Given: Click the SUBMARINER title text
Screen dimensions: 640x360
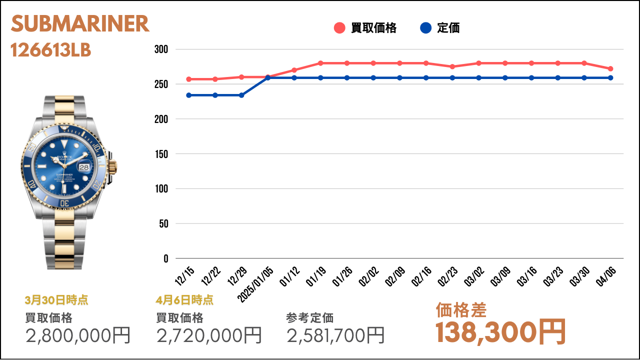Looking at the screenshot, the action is tap(80, 23).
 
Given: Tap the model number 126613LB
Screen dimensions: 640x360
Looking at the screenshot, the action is tap(50, 50).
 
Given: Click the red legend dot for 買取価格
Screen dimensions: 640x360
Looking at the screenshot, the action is tap(339, 28).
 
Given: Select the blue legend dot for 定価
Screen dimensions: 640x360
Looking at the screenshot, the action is tap(425, 28).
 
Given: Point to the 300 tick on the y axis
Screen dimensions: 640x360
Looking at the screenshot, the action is tap(161, 49).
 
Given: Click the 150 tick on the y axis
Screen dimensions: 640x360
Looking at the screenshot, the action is tap(161, 154).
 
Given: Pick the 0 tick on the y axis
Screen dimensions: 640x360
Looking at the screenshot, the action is tap(165, 258).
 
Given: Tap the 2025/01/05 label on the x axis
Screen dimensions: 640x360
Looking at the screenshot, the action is tap(255, 284).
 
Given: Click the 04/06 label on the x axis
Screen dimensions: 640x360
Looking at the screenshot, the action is tap(605, 276).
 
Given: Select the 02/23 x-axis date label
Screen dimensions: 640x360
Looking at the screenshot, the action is tap(447, 276).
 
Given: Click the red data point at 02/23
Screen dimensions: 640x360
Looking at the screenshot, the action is tap(452, 66).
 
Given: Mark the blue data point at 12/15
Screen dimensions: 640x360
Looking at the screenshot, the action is tap(189, 95).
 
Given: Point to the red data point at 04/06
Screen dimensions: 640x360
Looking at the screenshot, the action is tap(610, 68).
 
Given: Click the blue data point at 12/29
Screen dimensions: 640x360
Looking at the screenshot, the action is tap(241, 95).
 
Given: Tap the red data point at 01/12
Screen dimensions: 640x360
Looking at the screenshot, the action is tap(294, 70).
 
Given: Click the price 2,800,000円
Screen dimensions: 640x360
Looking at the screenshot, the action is tap(78, 335).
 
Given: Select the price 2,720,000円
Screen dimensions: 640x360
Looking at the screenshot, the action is tap(209, 335).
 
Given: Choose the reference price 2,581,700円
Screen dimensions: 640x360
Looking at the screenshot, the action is tap(335, 335).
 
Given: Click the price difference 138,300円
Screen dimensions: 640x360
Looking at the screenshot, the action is tap(500, 332).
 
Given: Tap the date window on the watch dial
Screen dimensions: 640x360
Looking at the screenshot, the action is tap(84, 167).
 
